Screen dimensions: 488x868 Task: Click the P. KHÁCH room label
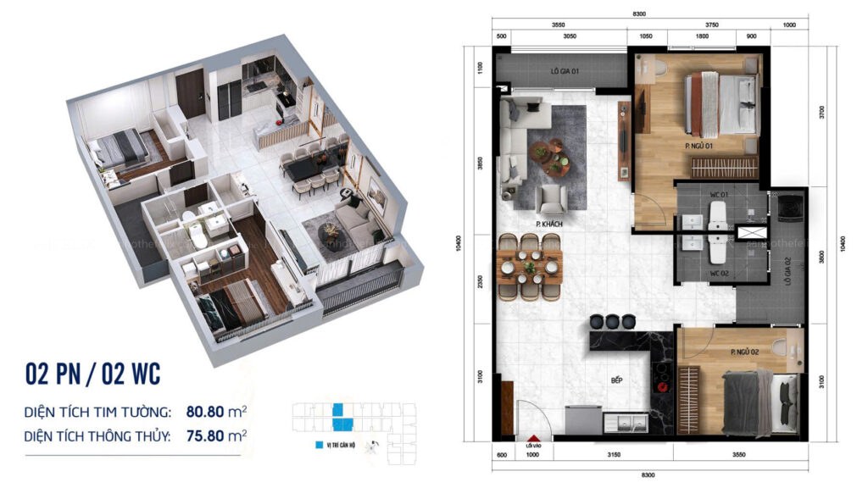550,224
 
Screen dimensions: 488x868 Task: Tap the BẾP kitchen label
617,380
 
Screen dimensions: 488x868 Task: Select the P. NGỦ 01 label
698,146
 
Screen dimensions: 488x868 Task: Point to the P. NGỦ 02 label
743,351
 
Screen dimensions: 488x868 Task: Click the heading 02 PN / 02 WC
93,373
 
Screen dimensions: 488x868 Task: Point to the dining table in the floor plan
530,267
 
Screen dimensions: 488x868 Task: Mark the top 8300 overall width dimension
639,14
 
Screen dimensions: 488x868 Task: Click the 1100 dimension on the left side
480,68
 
